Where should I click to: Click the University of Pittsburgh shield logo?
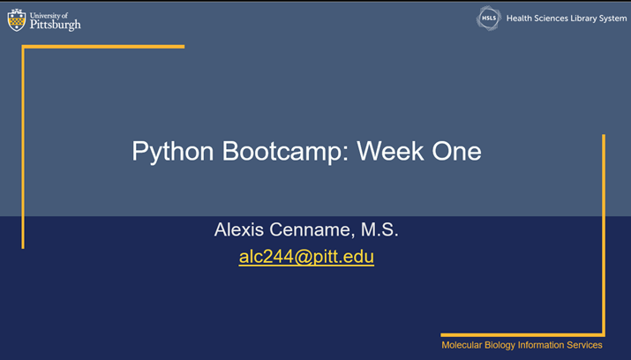pos(17,20)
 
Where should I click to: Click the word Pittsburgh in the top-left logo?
pos(55,25)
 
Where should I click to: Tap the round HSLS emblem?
pos(489,19)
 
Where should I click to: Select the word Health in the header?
pos(522,19)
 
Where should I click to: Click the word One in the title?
pos(456,151)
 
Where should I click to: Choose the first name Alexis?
pos(239,230)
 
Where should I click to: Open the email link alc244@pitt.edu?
pos(306,258)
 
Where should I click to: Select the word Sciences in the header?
pos(558,19)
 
